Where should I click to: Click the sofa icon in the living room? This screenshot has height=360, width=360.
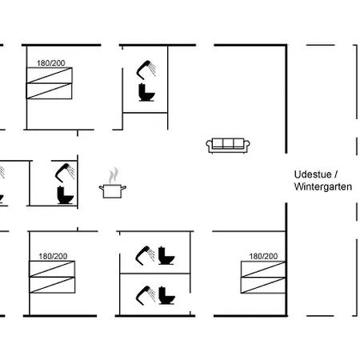pos(228,146)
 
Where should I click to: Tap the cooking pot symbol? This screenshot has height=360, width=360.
pos(113,191)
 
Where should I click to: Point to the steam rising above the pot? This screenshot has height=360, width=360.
pos(114,175)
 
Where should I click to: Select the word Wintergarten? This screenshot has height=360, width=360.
pos(323,186)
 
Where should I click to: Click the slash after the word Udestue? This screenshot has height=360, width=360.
pos(336,174)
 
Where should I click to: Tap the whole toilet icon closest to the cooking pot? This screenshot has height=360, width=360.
pos(65,195)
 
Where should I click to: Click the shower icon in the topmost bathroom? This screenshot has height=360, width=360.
pos(146,70)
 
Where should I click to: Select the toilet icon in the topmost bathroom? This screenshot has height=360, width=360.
pos(146,92)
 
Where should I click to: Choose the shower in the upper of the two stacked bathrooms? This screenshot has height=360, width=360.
pos(145,255)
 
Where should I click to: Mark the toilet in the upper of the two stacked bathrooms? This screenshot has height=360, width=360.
pos(166,255)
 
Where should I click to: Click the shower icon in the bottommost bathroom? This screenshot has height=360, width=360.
pos(146,295)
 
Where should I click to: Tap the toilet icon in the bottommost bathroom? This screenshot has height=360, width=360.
pos(167,295)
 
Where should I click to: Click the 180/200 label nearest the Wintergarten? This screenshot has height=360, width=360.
pos(263,256)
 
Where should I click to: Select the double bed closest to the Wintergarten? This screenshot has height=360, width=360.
pos(263,278)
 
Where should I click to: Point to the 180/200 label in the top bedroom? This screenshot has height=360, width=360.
pos(51,63)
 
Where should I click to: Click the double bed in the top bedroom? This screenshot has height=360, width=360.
pos(50,83)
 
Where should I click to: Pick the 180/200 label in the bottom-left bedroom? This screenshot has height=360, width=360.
pos(53,256)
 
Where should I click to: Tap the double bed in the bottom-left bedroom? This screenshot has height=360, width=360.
pos(52,277)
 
